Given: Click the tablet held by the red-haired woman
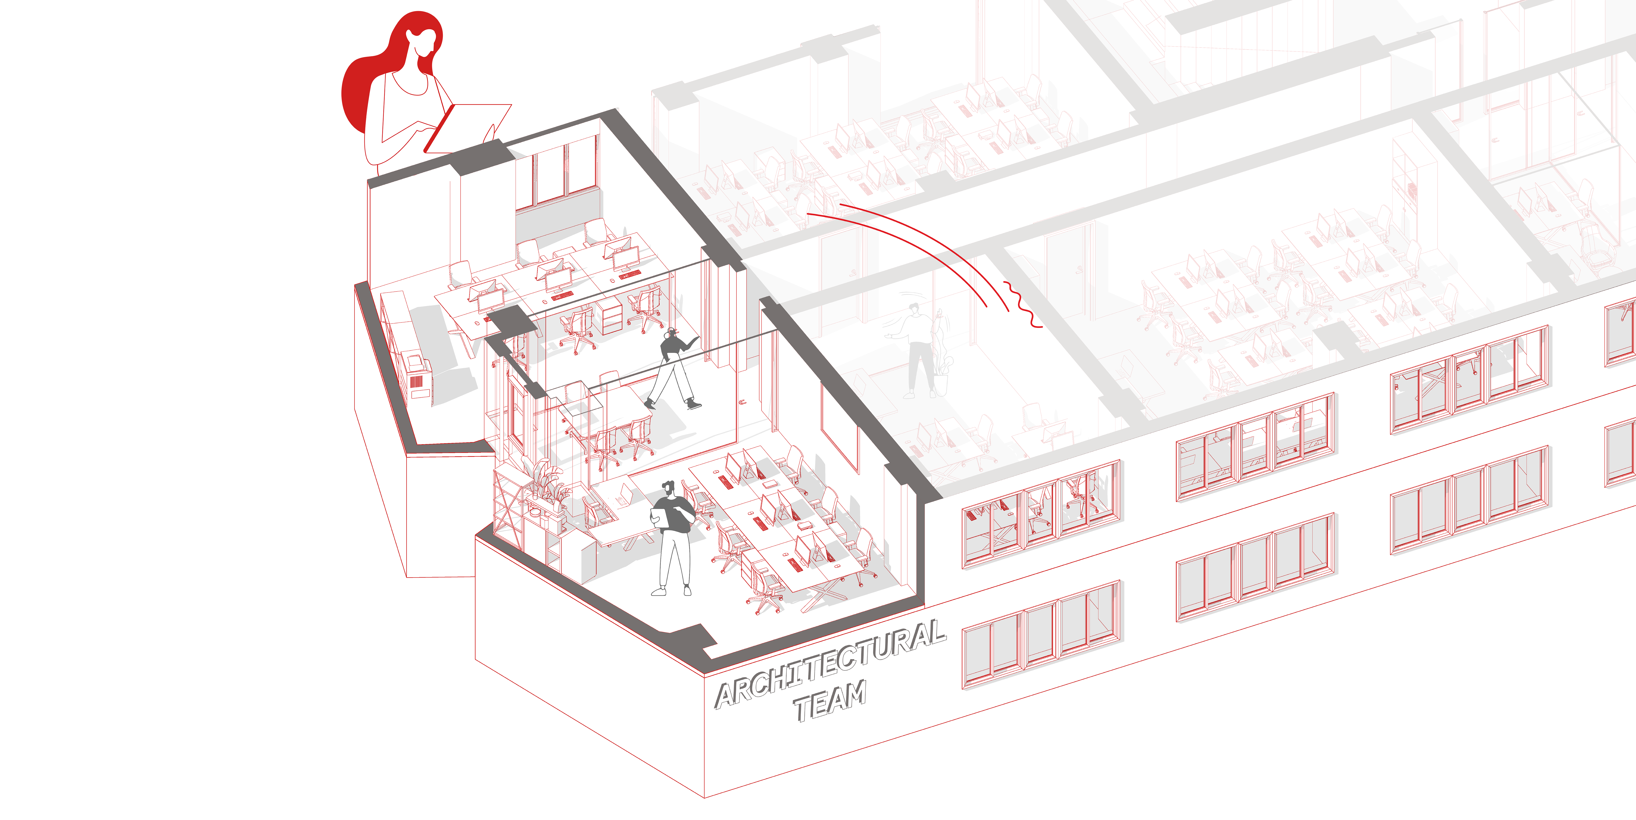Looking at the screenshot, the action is (x=467, y=128).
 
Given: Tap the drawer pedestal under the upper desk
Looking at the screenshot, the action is (x=609, y=316).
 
